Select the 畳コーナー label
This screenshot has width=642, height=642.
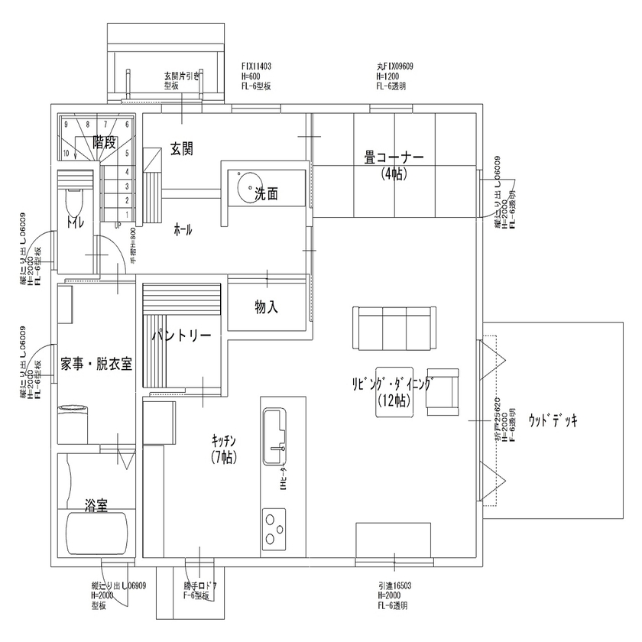[394, 158]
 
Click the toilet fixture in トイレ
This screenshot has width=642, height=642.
[75, 203]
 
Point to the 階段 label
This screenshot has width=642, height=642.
[104, 141]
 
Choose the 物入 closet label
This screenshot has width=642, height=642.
[266, 307]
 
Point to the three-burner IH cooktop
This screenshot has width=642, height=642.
[274, 527]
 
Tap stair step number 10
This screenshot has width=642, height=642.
[66, 153]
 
